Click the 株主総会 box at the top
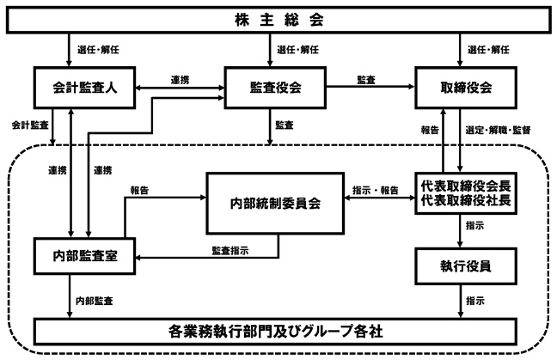click(x=278, y=20)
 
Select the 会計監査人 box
click(x=84, y=88)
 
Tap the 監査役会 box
click(x=275, y=88)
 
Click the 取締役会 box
click(x=466, y=88)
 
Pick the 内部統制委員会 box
click(x=275, y=204)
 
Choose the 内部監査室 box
click(x=84, y=256)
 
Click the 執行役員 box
click(x=466, y=265)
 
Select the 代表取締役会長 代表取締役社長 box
click(x=466, y=193)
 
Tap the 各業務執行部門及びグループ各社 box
click(x=275, y=332)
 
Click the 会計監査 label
click(x=30, y=125)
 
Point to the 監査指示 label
click(x=230, y=251)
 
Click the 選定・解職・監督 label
click(x=498, y=130)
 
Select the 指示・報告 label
click(x=376, y=190)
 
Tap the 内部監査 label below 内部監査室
click(x=95, y=301)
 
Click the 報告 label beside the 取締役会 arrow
click(x=430, y=130)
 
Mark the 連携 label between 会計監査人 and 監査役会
click(x=180, y=80)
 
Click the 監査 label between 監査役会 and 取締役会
click(x=366, y=80)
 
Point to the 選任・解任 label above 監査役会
click(x=297, y=50)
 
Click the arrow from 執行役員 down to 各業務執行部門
click(x=461, y=301)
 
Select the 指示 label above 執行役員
click(x=475, y=225)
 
